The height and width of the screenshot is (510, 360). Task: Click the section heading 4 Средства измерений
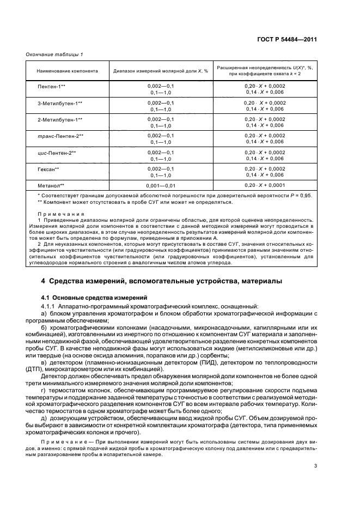(162, 281)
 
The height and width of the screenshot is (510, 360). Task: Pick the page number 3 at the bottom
(315, 466)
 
